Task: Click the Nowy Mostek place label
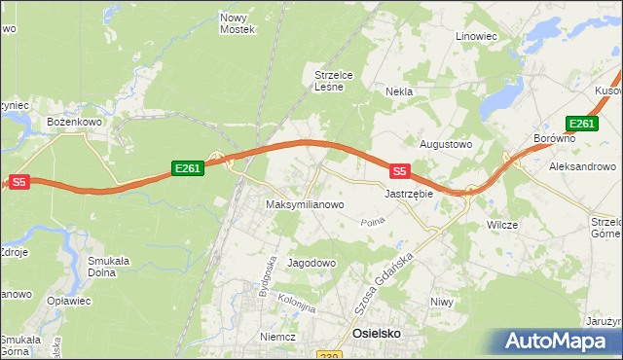point(238,23)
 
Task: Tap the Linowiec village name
point(476,36)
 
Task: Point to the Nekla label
point(399,91)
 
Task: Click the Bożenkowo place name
point(75,122)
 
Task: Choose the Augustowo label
point(445,144)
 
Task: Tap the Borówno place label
point(555,139)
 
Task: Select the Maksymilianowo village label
point(306,205)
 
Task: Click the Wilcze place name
point(502,225)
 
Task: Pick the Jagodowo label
point(311,263)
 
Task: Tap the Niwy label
point(442,302)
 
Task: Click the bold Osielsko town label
point(376,333)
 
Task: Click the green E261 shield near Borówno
point(581,123)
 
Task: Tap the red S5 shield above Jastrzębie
point(399,171)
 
